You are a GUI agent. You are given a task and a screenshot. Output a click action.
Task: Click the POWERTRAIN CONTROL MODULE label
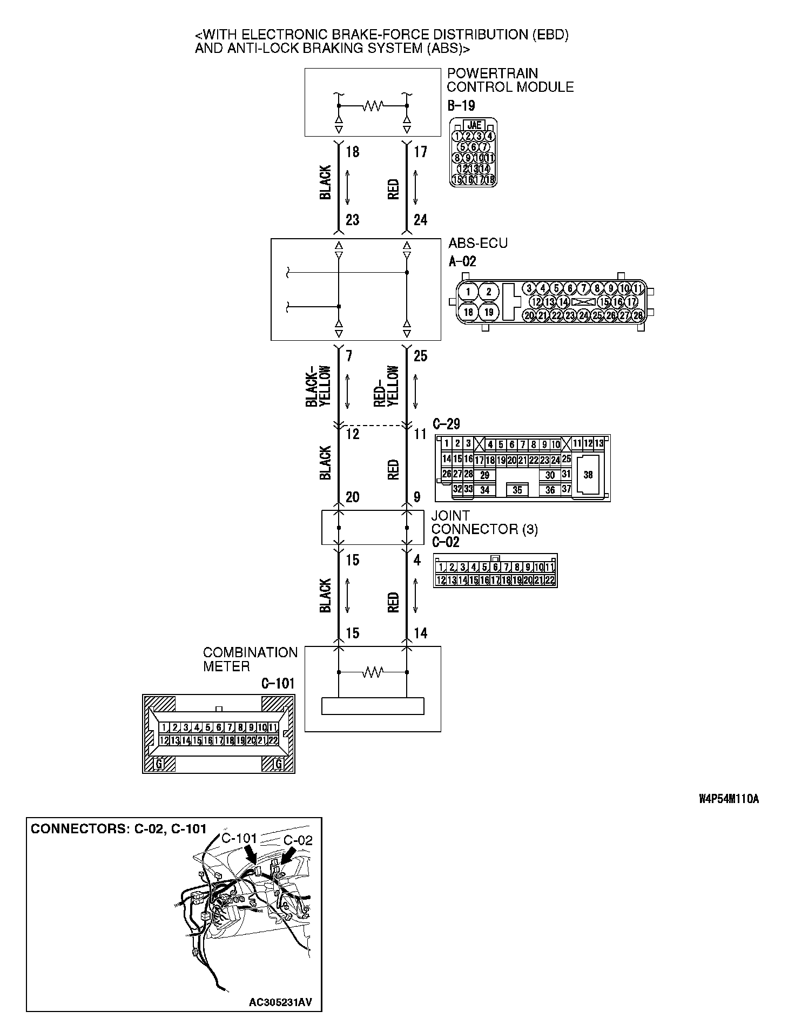[x=510, y=80]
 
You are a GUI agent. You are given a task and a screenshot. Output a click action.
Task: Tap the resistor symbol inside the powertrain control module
[x=373, y=105]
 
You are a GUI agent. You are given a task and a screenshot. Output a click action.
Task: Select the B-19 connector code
[x=461, y=105]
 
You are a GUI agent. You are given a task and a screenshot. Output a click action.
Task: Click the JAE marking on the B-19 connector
[x=474, y=125]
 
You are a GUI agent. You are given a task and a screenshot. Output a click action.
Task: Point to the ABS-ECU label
[x=477, y=243]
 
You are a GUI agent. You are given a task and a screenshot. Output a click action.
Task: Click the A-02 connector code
[x=462, y=262]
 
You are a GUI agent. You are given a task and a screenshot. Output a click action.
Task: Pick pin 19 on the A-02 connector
[x=489, y=312]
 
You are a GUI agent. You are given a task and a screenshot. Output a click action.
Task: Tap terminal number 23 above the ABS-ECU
[x=353, y=220]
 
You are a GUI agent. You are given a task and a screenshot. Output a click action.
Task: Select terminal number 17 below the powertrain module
[x=420, y=152]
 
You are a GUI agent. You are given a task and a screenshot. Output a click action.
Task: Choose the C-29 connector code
[x=446, y=424]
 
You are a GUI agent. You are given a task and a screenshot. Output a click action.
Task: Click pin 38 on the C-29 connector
[x=588, y=475]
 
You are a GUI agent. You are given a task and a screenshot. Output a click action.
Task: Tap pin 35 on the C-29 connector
[x=517, y=490]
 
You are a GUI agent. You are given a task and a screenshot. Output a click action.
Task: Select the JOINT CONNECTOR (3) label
[x=484, y=522]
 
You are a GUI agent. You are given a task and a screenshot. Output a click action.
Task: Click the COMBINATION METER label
[x=250, y=659]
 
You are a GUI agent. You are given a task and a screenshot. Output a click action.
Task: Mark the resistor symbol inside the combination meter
[x=373, y=672]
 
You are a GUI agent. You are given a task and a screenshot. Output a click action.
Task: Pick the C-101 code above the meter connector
[x=278, y=684]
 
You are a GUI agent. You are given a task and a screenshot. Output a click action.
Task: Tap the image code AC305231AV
[x=280, y=1003]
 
